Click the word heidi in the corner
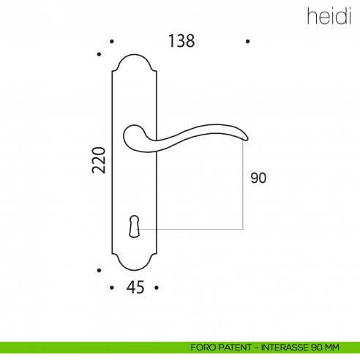tap(322, 16)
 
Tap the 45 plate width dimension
tap(135, 288)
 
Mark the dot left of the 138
tap(111, 42)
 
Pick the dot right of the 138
tap(249, 42)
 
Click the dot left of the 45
tap(111, 288)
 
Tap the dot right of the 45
tap(157, 288)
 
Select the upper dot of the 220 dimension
tap(100, 53)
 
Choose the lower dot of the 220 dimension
tap(100, 269)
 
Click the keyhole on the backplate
tap(134, 225)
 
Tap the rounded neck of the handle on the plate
tap(132, 139)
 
